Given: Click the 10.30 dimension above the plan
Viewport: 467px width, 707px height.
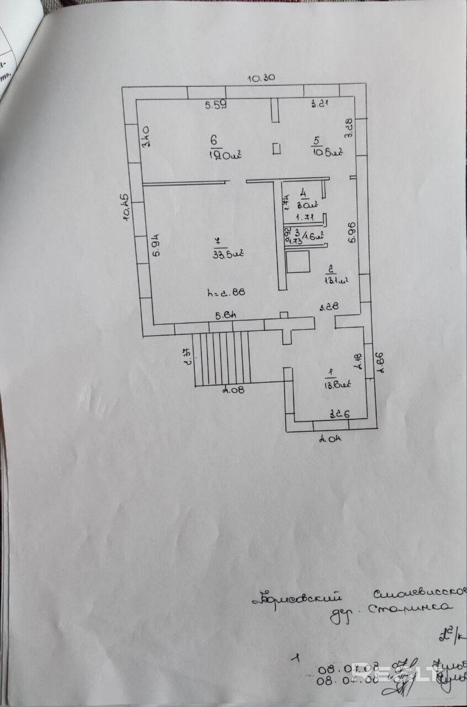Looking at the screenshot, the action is coord(261,78).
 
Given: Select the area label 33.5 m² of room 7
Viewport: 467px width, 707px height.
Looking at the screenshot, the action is coord(228,254).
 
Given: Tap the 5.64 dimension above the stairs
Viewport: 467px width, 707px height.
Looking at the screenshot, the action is coord(226,316).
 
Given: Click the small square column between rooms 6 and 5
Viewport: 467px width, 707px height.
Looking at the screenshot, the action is coord(277,148).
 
